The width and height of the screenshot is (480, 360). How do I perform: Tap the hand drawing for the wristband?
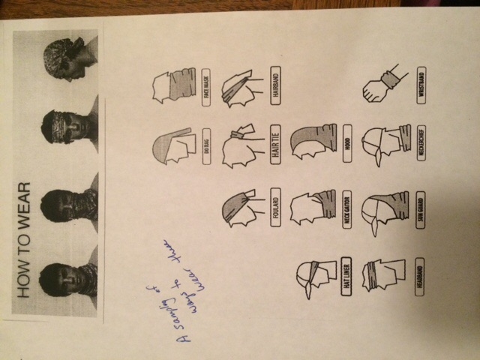tap(379, 87)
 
